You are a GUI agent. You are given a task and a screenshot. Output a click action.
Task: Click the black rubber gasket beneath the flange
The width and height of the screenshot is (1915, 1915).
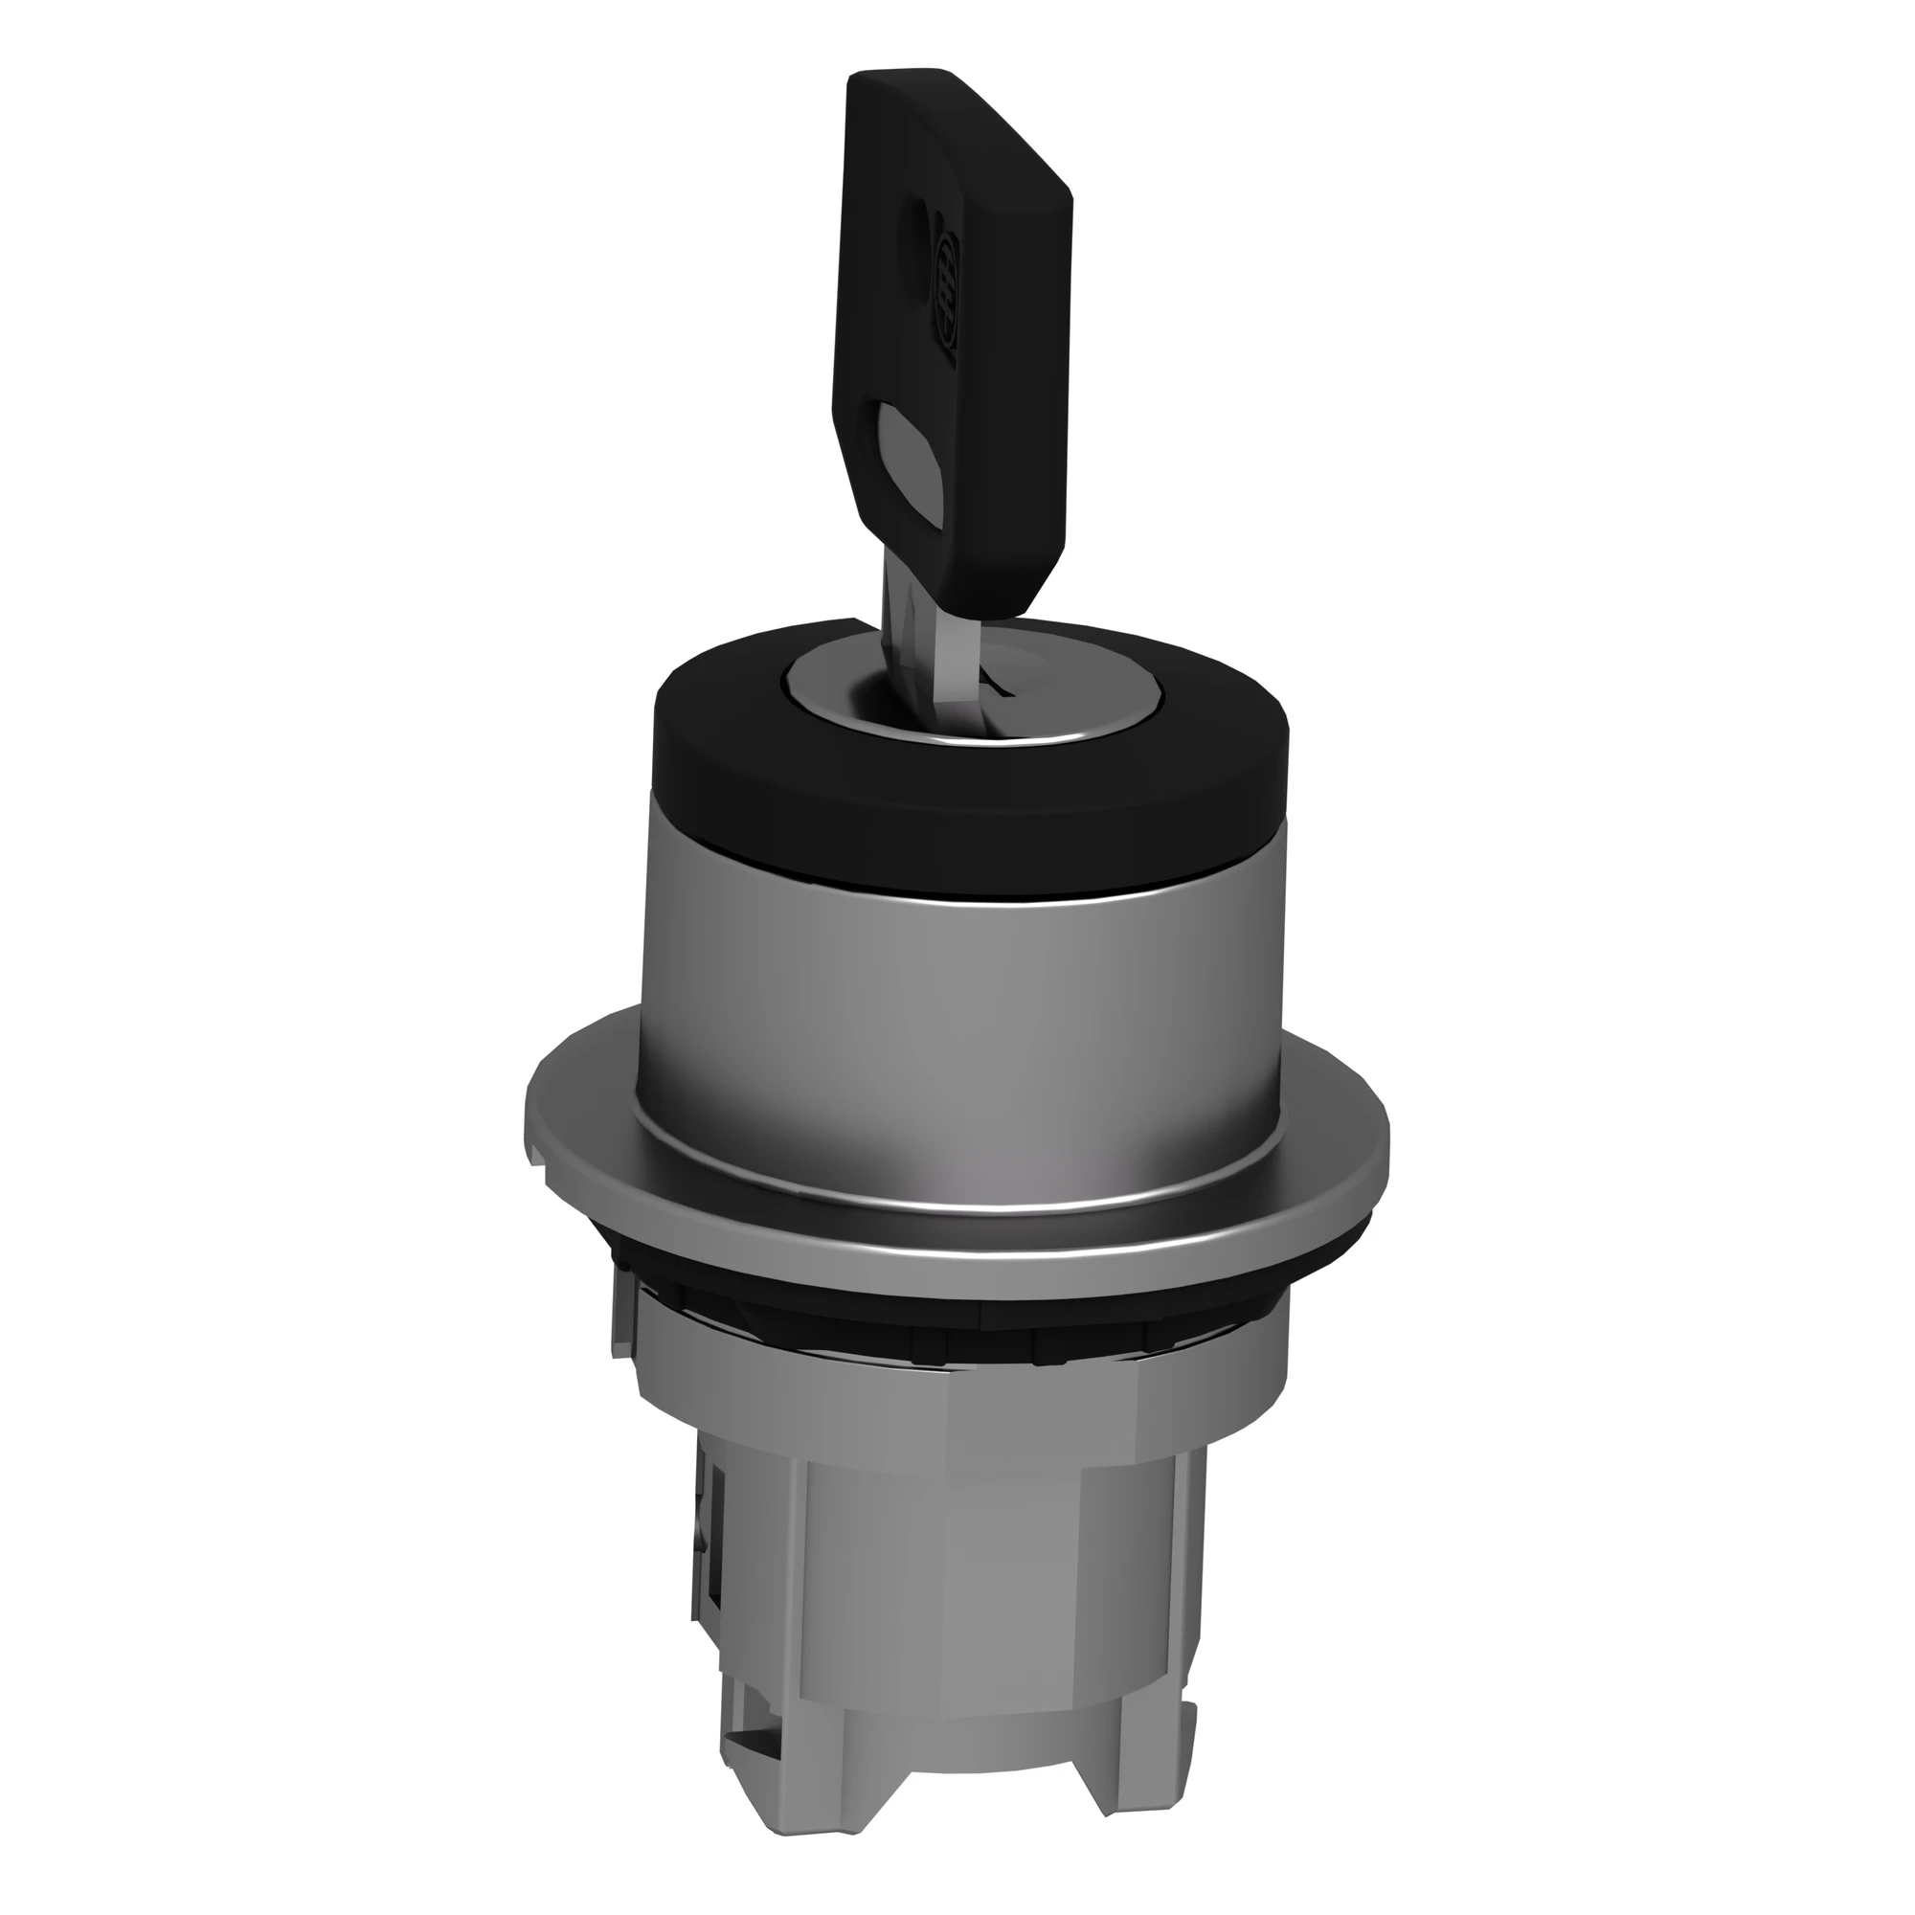pos(952,1289)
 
